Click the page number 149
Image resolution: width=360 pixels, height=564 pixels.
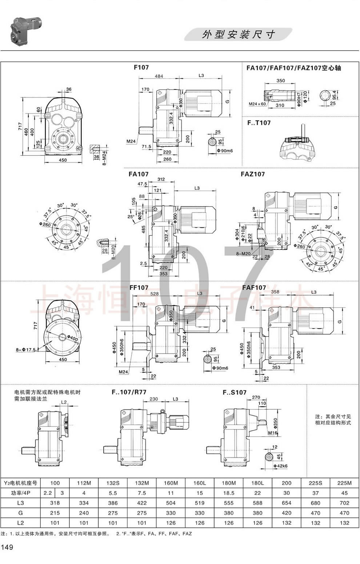tap(8, 547)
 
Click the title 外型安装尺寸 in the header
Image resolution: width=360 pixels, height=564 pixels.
tap(238, 35)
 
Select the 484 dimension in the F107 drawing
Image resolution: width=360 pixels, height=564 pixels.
tap(159, 76)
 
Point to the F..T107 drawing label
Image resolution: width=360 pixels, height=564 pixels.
tap(259, 123)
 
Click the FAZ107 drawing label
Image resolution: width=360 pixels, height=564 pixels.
tap(253, 174)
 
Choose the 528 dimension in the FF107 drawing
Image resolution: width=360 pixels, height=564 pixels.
tap(155, 293)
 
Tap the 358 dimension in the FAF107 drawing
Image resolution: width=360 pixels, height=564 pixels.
tap(275, 292)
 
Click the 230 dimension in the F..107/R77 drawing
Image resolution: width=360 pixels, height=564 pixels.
tap(154, 399)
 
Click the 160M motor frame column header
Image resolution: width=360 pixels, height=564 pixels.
tap(171, 483)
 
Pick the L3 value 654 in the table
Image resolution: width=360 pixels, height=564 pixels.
tap(287, 503)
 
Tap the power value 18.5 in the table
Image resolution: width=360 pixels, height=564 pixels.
tap(229, 493)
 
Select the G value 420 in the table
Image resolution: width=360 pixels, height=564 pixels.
tap(287, 513)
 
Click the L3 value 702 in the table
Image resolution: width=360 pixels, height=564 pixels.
tap(344, 503)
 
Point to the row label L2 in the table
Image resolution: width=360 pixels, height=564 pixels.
tap(20, 523)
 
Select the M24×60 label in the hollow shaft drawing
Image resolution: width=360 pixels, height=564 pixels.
tap(257, 104)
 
